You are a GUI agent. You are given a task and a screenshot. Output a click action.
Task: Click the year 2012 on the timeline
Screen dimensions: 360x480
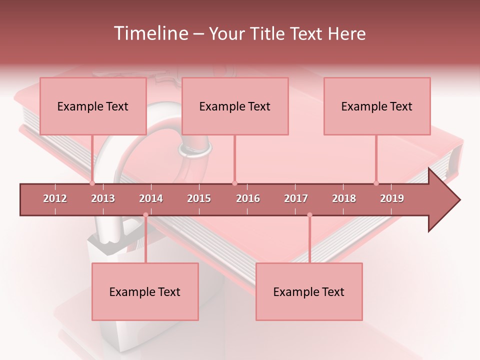click(55, 198)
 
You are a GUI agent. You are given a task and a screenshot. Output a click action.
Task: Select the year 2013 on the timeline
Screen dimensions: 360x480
click(103, 198)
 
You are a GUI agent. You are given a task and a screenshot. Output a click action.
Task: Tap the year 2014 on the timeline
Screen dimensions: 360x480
click(151, 198)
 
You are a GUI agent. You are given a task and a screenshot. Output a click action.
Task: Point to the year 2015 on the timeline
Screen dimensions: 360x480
click(199, 198)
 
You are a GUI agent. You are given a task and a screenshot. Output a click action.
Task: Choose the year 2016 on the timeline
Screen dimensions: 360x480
click(248, 198)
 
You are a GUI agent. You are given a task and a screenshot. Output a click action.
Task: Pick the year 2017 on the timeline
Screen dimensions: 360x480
click(296, 198)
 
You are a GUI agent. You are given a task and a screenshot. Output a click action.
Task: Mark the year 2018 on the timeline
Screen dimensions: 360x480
click(344, 198)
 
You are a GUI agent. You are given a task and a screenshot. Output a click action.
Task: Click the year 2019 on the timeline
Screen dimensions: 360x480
click(392, 198)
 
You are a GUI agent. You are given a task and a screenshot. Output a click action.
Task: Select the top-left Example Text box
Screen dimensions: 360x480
click(93, 106)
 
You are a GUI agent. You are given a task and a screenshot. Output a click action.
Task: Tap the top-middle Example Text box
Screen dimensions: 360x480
click(235, 106)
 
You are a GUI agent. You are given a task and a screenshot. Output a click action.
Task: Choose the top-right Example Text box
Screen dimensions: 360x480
click(377, 106)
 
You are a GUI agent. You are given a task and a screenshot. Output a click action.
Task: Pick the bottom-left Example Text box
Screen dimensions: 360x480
click(145, 291)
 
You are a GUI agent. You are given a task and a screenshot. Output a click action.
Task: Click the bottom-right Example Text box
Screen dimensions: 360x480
click(309, 291)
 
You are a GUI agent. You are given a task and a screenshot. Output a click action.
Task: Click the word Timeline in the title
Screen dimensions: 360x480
click(149, 33)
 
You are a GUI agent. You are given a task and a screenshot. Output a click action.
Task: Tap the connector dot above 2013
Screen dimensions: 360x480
click(92, 183)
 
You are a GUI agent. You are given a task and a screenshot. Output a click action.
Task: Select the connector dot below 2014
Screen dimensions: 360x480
click(145, 215)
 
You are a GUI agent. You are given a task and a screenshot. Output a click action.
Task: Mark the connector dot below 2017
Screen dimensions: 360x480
click(309, 215)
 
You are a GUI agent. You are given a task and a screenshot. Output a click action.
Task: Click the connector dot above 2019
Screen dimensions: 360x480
click(376, 183)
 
